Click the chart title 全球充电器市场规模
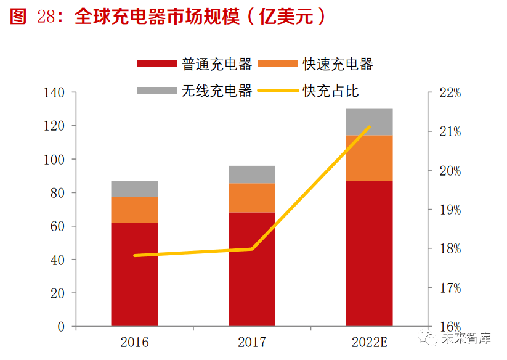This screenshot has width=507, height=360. (157, 16)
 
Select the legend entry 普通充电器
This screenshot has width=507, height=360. (195, 63)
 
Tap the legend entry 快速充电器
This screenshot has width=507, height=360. (315, 63)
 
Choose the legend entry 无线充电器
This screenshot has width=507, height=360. (195, 90)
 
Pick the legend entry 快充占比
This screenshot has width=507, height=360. (308, 91)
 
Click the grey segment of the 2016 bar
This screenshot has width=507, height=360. (134, 189)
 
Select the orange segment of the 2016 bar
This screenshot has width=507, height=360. (134, 210)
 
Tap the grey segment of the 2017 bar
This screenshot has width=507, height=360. (252, 174)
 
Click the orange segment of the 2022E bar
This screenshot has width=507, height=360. (369, 158)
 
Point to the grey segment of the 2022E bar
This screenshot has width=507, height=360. (369, 122)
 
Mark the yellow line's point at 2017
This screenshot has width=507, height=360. (252, 249)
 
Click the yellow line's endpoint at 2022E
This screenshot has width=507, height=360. (369, 127)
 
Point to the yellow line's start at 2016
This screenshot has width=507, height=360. (135, 256)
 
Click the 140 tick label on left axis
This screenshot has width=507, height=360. (54, 93)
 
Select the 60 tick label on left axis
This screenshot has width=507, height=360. (57, 226)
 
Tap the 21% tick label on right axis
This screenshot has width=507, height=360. (450, 132)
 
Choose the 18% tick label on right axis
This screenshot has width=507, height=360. (450, 249)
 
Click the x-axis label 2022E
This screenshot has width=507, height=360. (369, 342)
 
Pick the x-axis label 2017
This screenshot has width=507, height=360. (252, 342)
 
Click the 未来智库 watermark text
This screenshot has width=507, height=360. (466, 338)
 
